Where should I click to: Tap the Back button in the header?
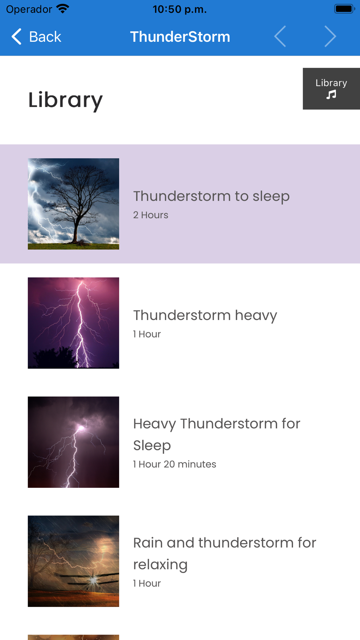36,37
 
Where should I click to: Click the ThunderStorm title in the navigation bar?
180,37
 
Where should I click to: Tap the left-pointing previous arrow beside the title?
280,36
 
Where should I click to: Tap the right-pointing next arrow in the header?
330,36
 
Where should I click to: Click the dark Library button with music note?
331,89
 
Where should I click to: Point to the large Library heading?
66,100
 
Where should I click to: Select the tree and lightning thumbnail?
73,204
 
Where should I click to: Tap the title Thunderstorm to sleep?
211,196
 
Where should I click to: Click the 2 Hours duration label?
150,215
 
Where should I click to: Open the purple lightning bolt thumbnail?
73,323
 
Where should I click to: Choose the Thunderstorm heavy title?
205,315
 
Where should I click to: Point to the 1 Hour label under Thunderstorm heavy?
147,334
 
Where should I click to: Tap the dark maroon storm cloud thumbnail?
73,442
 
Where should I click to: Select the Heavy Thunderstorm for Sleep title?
217,434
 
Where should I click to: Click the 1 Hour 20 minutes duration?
175,464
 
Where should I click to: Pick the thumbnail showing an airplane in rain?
73,561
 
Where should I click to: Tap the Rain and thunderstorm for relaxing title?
225,554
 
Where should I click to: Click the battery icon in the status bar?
345,9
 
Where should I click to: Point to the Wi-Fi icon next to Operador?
63,9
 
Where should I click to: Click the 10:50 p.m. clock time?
180,9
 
